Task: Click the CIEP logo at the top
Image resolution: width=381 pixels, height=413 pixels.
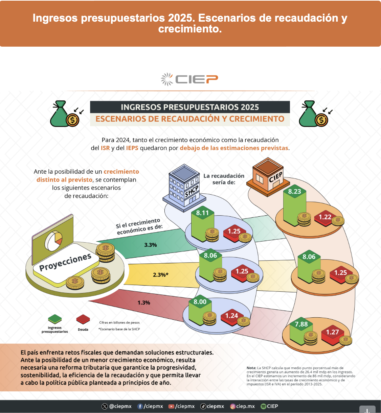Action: tap(189, 79)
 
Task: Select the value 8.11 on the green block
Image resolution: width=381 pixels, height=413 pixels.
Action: tap(202, 213)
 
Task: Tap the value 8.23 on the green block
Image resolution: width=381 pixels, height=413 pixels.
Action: tap(294, 191)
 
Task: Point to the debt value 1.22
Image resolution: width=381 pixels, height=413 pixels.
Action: tap(325, 217)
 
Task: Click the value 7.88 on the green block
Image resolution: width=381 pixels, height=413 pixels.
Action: tap(301, 324)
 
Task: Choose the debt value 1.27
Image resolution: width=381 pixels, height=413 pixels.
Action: tap(332, 332)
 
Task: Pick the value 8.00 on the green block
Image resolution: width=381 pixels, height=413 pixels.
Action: tap(200, 301)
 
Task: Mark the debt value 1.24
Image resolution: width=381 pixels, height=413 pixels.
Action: tap(231, 315)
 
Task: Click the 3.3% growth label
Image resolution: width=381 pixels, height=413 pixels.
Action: tap(151, 245)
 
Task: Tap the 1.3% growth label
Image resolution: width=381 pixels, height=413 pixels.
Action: tap(144, 302)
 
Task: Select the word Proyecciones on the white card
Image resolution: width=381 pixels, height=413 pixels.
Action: tap(65, 262)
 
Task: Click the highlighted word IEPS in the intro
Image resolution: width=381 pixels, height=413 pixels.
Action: tap(132, 148)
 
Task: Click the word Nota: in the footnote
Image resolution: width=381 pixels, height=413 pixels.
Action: tap(251, 368)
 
